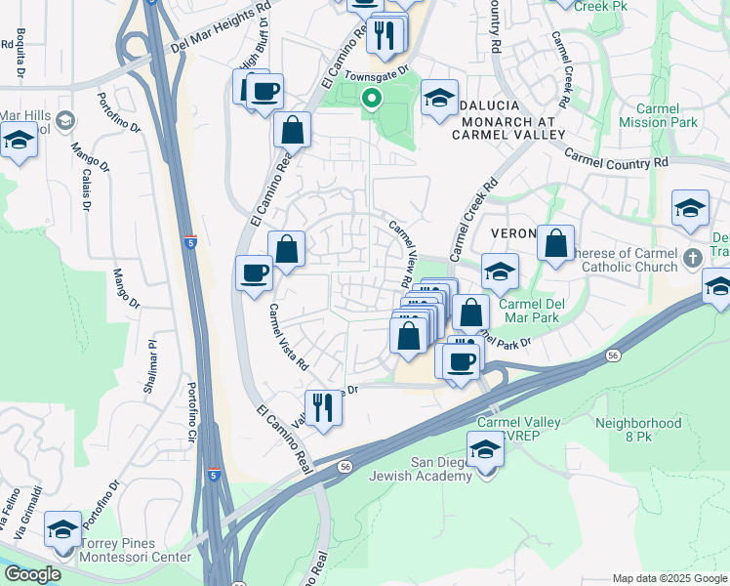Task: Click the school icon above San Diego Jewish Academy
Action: [x=485, y=450]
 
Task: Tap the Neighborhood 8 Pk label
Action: [x=638, y=430]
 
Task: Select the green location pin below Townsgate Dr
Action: [x=371, y=98]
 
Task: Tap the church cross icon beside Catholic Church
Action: [x=692, y=259]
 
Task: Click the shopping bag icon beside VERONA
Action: [x=555, y=246]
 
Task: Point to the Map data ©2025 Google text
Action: [x=669, y=578]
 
